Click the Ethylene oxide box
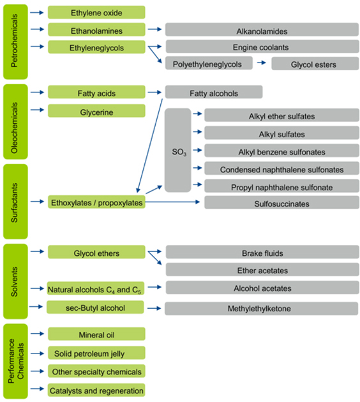click(96, 12)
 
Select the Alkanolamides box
click(262, 29)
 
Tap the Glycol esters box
click(315, 64)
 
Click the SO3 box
click(178, 150)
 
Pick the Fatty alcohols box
click(214, 92)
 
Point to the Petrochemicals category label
click(15, 41)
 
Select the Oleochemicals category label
click(15, 122)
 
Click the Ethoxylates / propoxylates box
click(96, 202)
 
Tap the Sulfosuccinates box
click(281, 202)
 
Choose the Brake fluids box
click(262, 252)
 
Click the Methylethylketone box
click(261, 308)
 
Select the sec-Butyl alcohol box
click(95, 307)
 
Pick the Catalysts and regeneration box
click(96, 390)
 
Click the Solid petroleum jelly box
click(96, 353)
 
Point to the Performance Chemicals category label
click(15, 361)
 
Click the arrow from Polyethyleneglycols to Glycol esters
click(261, 63)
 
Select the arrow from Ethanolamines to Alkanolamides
click(154, 29)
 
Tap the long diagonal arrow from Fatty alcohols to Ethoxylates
click(150, 145)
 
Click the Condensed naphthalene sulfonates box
click(281, 168)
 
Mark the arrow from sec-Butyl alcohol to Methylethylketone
click(154, 308)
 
